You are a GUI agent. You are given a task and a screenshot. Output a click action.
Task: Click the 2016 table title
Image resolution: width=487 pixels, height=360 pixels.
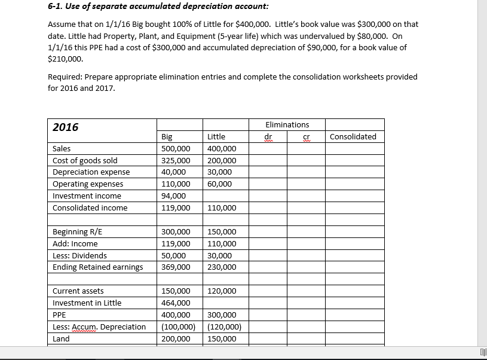pyautogui.click(x=66, y=127)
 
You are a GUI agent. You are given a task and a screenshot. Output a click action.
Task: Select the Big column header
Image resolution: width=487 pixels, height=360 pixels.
pyautogui.click(x=167, y=137)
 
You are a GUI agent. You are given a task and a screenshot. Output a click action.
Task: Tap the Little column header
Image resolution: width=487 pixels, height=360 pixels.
pyautogui.click(x=216, y=137)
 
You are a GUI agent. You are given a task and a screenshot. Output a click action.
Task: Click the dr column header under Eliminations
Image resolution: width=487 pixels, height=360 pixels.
pyautogui.click(x=268, y=137)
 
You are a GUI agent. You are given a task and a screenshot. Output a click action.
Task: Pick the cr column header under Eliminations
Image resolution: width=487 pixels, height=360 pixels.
pyautogui.click(x=307, y=137)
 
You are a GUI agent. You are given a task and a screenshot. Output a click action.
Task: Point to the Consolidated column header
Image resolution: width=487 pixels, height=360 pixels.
pyautogui.click(x=353, y=137)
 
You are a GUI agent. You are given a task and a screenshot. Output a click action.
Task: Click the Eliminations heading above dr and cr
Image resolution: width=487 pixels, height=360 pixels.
pyautogui.click(x=287, y=125)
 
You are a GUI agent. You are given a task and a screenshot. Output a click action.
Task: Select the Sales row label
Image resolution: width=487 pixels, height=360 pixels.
pyautogui.click(x=62, y=149)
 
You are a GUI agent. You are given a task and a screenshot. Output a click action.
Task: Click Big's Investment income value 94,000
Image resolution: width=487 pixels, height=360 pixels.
pyautogui.click(x=173, y=196)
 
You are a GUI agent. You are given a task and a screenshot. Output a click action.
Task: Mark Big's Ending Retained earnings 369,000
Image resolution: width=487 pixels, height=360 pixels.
pyautogui.click(x=176, y=267)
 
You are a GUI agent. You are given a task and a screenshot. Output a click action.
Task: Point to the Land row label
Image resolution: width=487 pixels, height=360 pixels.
pyautogui.click(x=61, y=339)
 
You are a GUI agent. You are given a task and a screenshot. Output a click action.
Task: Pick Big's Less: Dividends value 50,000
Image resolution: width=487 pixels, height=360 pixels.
pyautogui.click(x=173, y=255)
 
